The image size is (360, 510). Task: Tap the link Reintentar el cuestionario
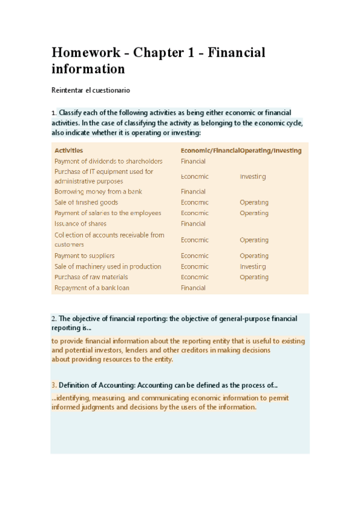click(x=90, y=90)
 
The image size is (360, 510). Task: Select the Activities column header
click(x=69, y=150)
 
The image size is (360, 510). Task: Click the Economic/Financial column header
click(x=210, y=150)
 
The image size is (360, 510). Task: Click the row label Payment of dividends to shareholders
click(x=108, y=161)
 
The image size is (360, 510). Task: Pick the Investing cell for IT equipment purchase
click(x=252, y=177)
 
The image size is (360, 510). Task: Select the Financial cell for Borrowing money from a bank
click(x=193, y=192)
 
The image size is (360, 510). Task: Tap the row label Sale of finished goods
click(x=86, y=203)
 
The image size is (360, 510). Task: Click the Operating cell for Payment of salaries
click(x=254, y=213)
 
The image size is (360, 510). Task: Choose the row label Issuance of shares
click(x=80, y=224)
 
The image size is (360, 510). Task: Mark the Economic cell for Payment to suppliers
click(x=195, y=256)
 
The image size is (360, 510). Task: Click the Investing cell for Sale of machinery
click(x=252, y=266)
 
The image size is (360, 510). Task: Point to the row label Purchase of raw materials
click(x=91, y=277)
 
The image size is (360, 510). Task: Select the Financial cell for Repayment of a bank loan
click(x=193, y=288)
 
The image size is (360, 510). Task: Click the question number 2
click(x=53, y=319)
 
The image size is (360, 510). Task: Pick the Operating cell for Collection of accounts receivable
click(x=254, y=240)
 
